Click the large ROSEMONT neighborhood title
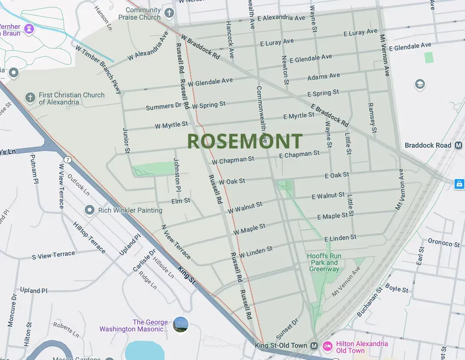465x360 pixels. [245, 141]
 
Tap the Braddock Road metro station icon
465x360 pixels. [459, 145]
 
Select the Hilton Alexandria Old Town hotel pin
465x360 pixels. [327, 346]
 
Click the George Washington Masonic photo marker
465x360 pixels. [180, 325]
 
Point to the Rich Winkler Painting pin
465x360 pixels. [90, 210]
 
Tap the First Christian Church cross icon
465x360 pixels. [30, 98]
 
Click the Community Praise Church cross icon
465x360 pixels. [169, 13]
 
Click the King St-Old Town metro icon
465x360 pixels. [314, 345]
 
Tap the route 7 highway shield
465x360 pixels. [67, 160]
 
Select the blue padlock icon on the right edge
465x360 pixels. [459, 184]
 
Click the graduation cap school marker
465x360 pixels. [420, 84]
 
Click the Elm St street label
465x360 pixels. [181, 200]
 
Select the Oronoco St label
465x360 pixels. [444, 243]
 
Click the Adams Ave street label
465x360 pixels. [323, 77]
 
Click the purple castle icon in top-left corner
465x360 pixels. [29, 29]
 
